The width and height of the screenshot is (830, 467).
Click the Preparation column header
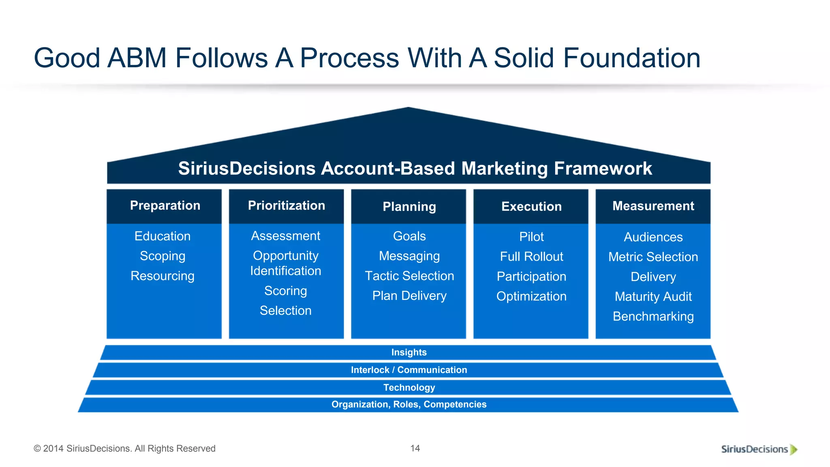(x=165, y=206)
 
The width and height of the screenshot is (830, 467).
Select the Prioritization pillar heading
(x=286, y=206)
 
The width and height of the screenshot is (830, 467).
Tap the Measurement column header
(x=653, y=206)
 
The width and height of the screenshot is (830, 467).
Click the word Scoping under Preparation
(x=163, y=256)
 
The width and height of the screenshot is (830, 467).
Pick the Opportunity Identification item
(x=286, y=263)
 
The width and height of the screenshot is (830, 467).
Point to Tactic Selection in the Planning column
(x=409, y=276)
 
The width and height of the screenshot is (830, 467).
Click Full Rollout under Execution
(x=531, y=257)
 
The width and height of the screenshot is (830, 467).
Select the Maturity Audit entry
(x=653, y=296)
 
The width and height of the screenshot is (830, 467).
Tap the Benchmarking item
(x=653, y=316)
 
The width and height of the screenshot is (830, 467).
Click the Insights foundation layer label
(x=409, y=352)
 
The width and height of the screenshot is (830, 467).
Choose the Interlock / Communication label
(x=409, y=370)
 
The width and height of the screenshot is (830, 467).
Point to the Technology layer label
(x=409, y=388)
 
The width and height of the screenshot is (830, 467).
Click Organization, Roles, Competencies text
(x=409, y=405)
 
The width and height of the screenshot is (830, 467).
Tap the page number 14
(x=415, y=448)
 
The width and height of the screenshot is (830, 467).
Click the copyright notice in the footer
(x=124, y=448)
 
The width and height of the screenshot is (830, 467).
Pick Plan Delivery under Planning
(x=409, y=296)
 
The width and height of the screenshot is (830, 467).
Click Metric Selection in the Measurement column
(x=653, y=257)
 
